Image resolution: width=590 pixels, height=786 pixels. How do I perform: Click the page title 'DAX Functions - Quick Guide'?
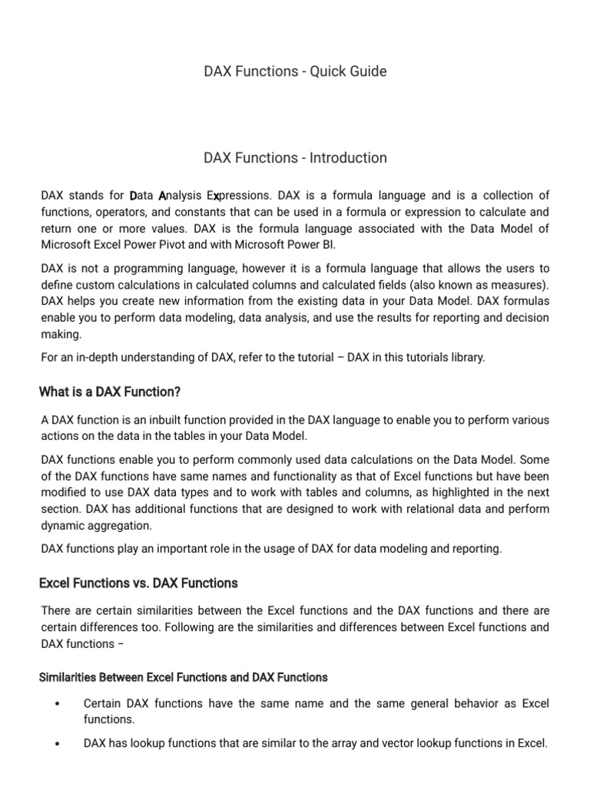tap(295, 71)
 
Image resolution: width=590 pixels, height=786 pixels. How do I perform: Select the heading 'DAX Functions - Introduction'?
tap(295, 158)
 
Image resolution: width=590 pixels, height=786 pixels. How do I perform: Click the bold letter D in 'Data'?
tap(133, 195)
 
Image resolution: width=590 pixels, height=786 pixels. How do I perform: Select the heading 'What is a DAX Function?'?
tap(110, 392)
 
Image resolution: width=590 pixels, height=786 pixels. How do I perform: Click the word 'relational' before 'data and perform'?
tap(386, 509)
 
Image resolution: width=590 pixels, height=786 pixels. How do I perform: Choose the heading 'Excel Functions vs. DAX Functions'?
tap(138, 583)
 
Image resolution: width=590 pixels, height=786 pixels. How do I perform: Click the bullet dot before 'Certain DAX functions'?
tap(58, 704)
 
